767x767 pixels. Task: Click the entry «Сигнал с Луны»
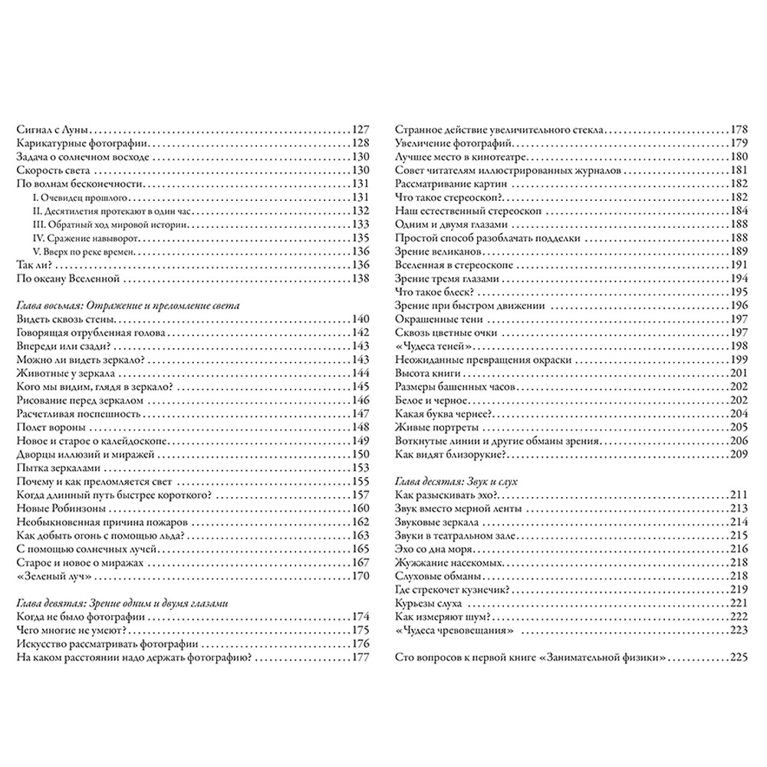click(52, 129)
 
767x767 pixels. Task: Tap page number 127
click(360, 129)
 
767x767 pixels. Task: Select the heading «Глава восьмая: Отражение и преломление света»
click(128, 305)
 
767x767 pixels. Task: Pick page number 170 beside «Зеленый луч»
click(360, 575)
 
